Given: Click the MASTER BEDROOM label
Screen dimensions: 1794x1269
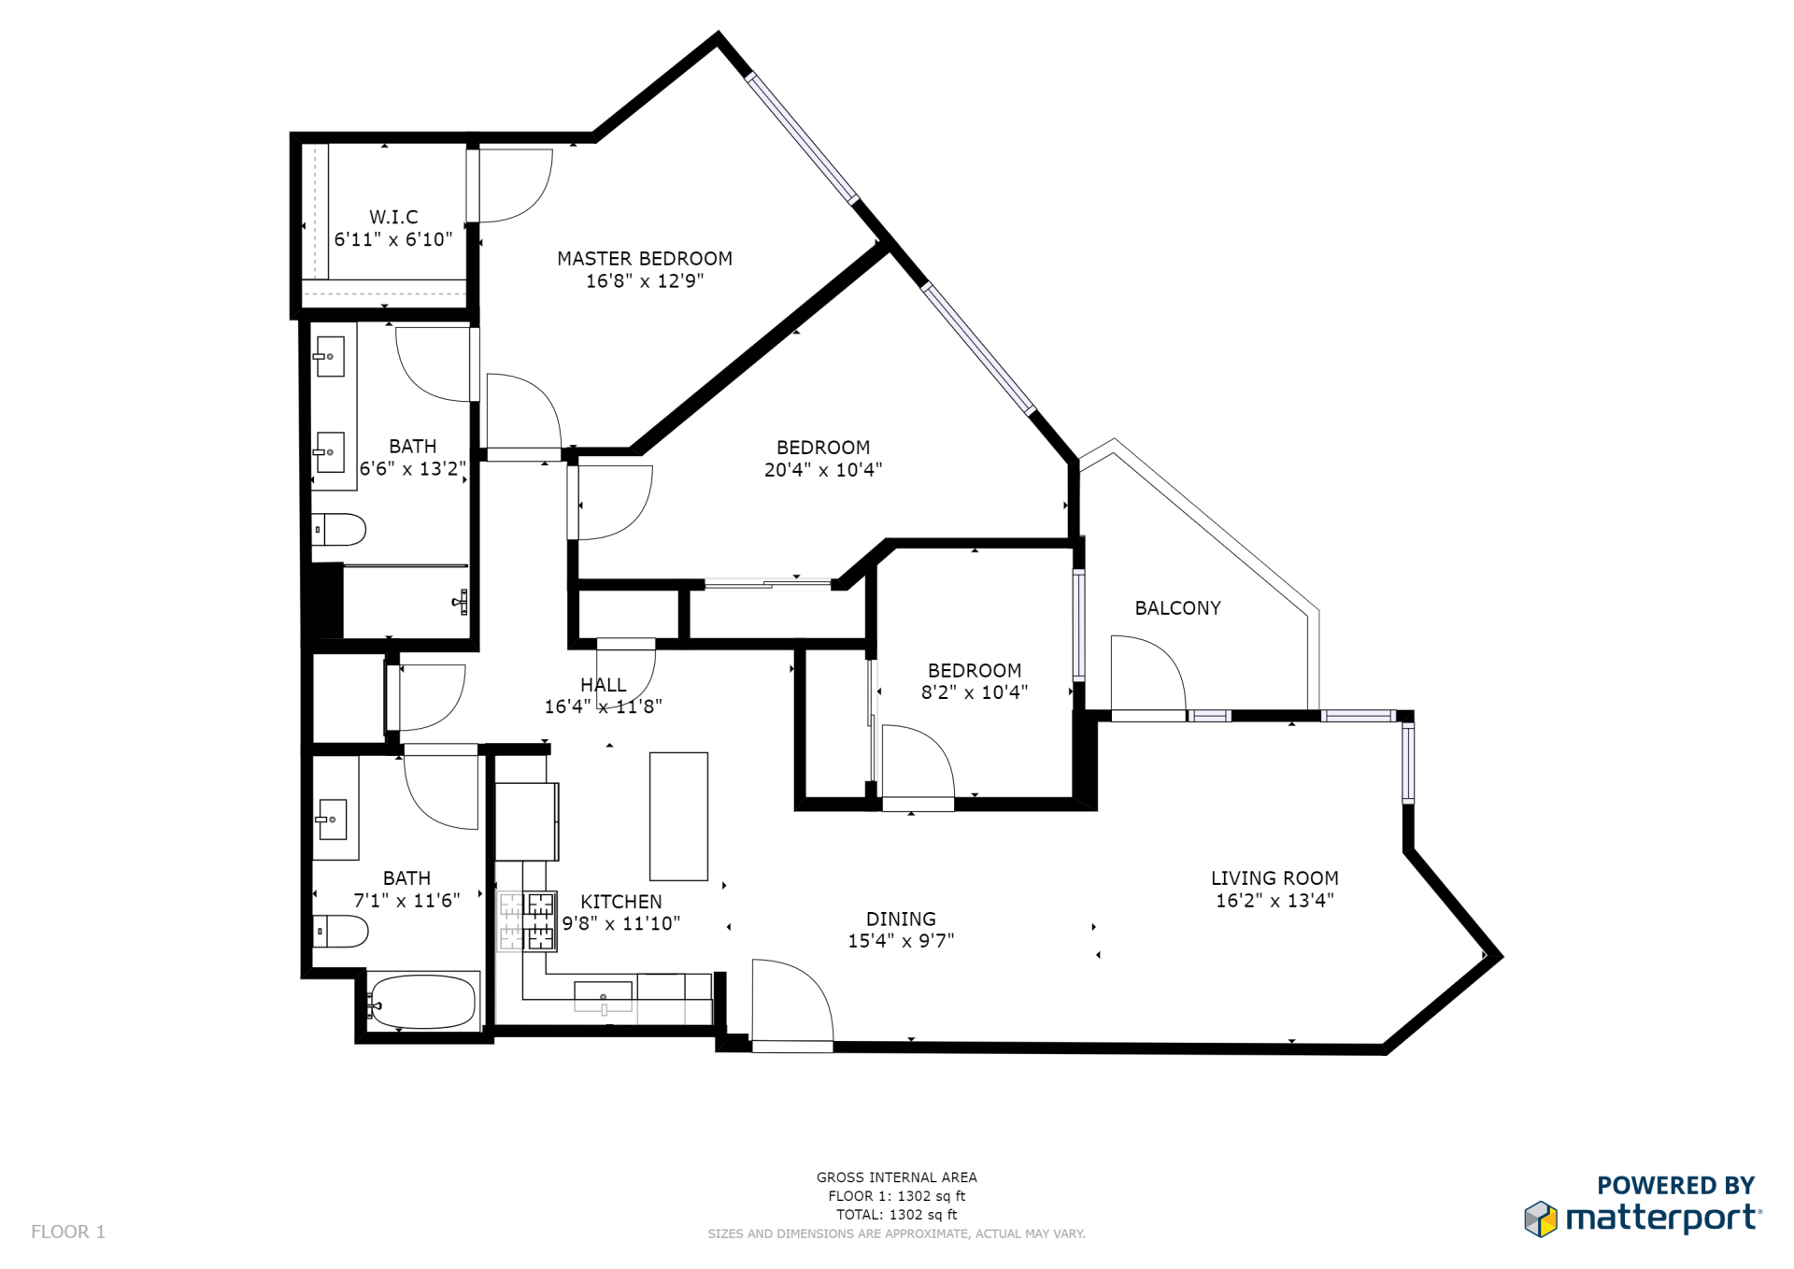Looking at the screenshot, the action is click(645, 259).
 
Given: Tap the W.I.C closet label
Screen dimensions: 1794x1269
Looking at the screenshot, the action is click(393, 217).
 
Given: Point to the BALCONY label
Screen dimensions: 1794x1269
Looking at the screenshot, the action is click(1177, 608).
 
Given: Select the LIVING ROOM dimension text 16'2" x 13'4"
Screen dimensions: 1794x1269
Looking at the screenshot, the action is click(1274, 900).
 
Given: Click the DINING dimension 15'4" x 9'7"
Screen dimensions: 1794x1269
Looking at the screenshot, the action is click(901, 941).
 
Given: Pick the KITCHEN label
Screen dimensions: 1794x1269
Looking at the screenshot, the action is click(621, 902).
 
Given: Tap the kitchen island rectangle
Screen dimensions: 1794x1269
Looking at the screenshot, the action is click(678, 816).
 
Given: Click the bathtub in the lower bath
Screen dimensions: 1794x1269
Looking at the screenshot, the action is click(422, 1002).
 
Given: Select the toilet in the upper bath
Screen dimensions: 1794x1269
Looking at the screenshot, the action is click(338, 530).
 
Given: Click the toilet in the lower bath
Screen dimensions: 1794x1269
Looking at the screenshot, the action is click(340, 932).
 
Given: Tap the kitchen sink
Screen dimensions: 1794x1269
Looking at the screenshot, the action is click(603, 997).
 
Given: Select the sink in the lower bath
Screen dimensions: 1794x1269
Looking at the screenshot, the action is click(332, 820).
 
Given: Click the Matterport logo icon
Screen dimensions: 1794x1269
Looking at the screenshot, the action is click(1541, 1219).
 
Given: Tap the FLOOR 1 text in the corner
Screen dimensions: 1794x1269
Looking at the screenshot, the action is click(68, 1232).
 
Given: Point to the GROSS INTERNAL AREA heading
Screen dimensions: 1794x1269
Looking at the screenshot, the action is click(897, 1177).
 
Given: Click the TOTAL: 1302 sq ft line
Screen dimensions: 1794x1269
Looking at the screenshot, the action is click(897, 1215).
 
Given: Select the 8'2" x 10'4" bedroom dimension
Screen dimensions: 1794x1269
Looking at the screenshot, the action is click(975, 692).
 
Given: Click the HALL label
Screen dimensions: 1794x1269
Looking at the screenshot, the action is click(604, 685).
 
